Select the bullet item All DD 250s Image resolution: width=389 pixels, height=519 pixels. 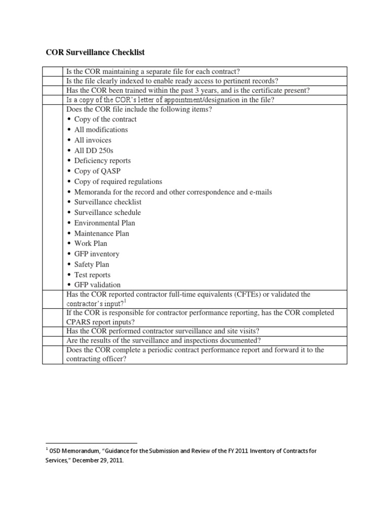[x=94, y=151]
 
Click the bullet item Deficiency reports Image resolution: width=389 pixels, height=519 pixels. [x=102, y=161]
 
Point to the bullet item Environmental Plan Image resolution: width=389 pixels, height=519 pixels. [x=104, y=223]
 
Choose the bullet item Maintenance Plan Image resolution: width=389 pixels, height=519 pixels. [x=101, y=234]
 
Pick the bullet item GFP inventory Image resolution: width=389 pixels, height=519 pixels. [x=97, y=254]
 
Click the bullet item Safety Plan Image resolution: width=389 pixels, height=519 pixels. [x=92, y=265]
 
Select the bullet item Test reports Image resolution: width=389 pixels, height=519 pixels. [x=92, y=275]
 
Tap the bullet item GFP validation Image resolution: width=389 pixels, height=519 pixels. [x=97, y=285]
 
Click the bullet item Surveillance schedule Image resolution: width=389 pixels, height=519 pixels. [x=107, y=212]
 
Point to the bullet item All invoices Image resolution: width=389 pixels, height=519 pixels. [x=93, y=140]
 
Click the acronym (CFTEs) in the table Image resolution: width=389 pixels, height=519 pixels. [x=243, y=294]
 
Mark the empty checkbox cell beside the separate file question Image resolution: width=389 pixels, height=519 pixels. [x=52, y=71]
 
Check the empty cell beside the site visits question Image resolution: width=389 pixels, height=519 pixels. [x=52, y=331]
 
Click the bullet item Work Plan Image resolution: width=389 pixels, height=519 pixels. [x=91, y=244]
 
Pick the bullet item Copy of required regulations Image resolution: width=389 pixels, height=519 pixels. [x=118, y=181]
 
